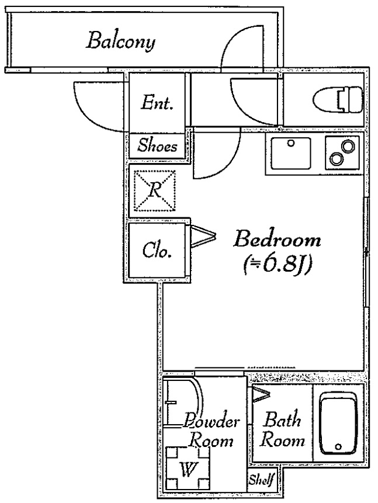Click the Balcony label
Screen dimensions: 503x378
point(122,42)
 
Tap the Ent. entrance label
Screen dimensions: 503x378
point(158,104)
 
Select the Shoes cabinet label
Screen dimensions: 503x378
point(157,147)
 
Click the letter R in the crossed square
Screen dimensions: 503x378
point(155,189)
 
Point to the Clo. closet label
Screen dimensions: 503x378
point(157,251)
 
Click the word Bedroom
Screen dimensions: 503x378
point(277,240)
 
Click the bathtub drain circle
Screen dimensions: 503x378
point(338,448)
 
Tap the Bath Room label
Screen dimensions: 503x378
point(282,429)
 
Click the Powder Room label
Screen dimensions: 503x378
point(211,431)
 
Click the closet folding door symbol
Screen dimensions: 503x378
point(202,235)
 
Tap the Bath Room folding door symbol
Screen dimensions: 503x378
point(260,396)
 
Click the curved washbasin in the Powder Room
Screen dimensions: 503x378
point(184,403)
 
